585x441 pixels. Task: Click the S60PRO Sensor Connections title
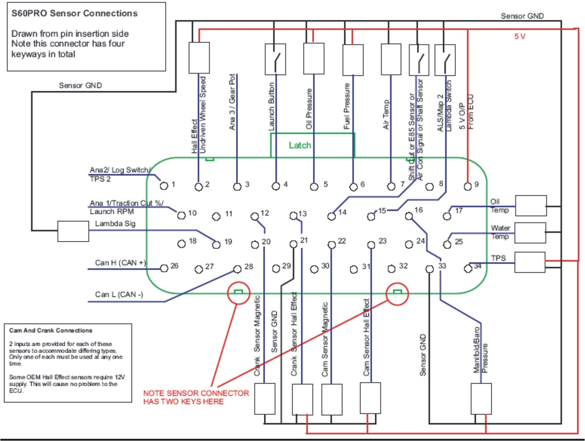[x=75, y=14]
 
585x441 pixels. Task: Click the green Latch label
[x=300, y=146]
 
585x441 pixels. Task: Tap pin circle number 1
[x=164, y=186]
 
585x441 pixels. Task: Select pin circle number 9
[x=467, y=187]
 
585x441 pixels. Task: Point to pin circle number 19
[x=216, y=245]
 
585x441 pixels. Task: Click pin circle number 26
[x=164, y=269]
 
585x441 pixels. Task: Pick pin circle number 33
[x=430, y=269]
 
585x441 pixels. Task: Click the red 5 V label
[x=520, y=36]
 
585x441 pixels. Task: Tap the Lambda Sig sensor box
[x=73, y=231]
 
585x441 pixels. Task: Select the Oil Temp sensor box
[x=531, y=206]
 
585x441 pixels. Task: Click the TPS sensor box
[x=530, y=262]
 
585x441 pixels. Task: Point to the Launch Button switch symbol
[x=275, y=59]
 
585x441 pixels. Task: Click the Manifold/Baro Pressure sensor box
[x=481, y=399]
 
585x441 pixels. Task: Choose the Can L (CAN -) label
[x=119, y=295]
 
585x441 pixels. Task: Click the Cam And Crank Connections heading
[x=51, y=331]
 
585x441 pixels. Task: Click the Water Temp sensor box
[x=530, y=233]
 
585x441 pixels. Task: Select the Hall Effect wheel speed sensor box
[x=199, y=58]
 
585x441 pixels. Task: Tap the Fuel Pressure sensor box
[x=353, y=60]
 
